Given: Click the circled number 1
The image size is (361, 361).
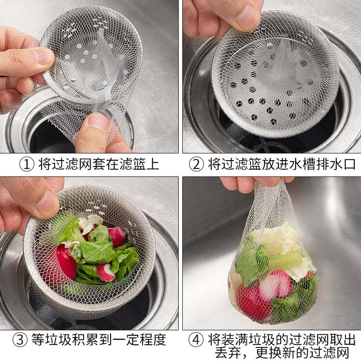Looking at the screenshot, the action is coord(27,164).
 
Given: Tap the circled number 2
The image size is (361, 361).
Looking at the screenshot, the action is coord(196,164).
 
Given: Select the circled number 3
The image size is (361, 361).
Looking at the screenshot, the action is coord(20,340).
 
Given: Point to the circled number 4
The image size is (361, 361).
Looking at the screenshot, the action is coord(196,340).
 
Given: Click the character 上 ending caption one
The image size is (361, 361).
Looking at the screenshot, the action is coord(153,164).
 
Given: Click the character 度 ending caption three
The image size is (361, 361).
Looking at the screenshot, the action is coord(159,340).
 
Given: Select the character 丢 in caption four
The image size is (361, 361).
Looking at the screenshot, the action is coord(221,352).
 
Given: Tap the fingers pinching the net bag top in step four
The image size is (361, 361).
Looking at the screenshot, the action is coord(255,184).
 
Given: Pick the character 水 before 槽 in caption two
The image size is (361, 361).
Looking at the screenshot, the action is coord(296,164).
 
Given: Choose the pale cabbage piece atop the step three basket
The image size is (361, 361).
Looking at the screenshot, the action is coord(89,222).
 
